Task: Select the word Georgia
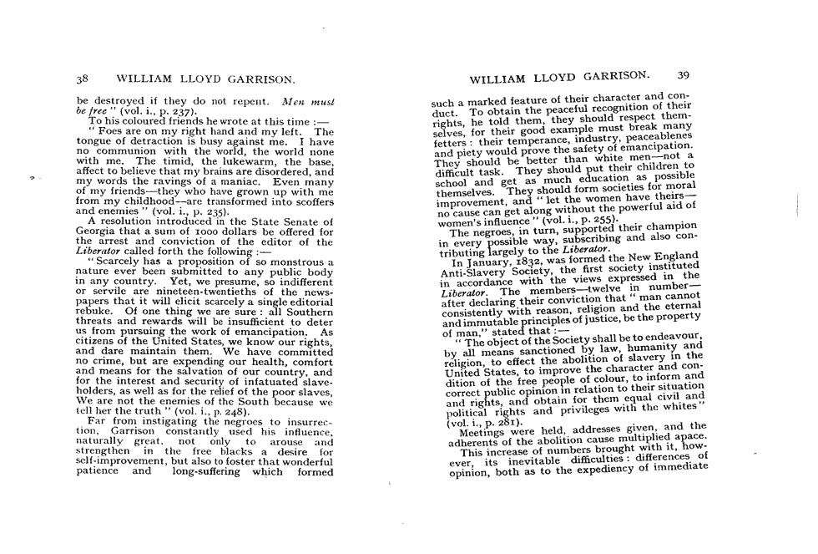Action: tap(97, 231)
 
